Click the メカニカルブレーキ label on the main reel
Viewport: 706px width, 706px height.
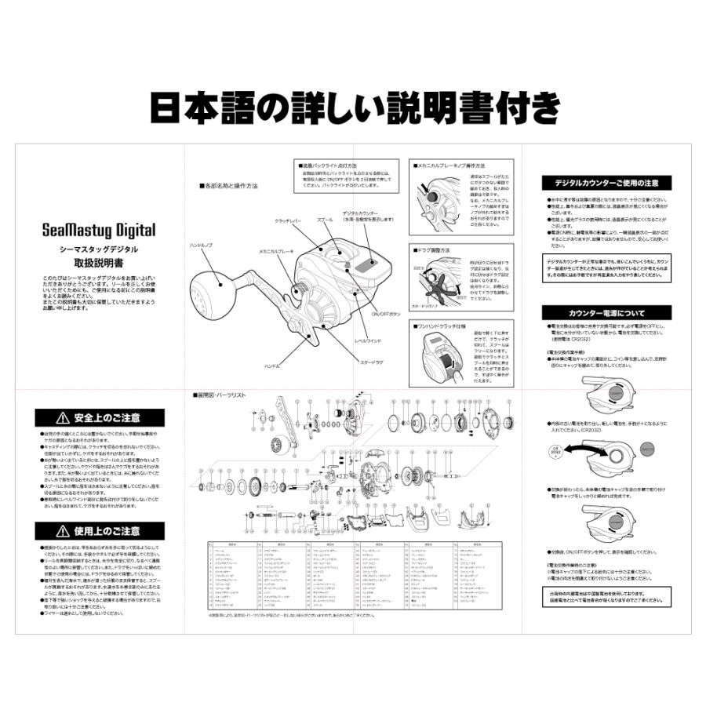pos(277,251)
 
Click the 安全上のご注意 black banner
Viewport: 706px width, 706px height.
pos(100,418)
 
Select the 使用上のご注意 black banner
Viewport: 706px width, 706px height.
pos(100,531)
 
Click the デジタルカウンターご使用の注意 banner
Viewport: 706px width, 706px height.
pos(608,183)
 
